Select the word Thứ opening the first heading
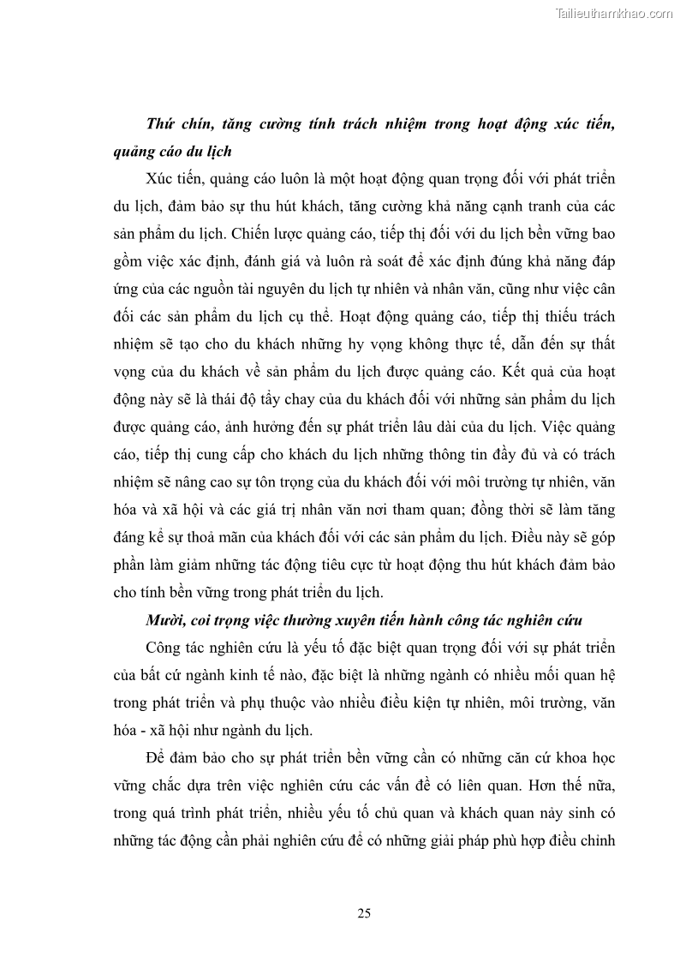click(x=160, y=125)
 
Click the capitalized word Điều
click(x=516, y=537)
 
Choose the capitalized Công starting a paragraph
click(x=165, y=647)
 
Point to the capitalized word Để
click(x=158, y=756)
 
